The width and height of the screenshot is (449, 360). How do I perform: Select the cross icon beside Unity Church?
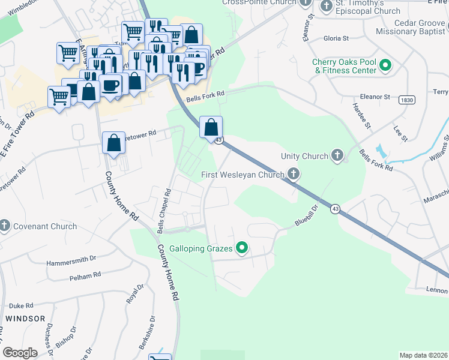pyautogui.click(x=338, y=156)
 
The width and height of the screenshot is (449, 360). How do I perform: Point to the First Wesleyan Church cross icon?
pyautogui.click(x=294, y=175)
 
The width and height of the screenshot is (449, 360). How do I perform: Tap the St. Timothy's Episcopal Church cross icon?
pyautogui.click(x=327, y=6)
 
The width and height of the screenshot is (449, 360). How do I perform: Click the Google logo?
pyautogui.click(x=20, y=353)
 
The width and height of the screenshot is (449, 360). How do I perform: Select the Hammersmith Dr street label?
pyautogui.click(x=71, y=259)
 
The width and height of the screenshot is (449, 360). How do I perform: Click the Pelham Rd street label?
pyautogui.click(x=85, y=276)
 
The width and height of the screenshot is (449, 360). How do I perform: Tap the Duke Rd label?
pyautogui.click(x=21, y=305)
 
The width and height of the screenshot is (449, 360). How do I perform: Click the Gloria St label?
pyautogui.click(x=336, y=38)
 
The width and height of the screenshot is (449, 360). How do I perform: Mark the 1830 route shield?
pyautogui.click(x=407, y=100)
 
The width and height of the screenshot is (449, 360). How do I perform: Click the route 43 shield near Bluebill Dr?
pyautogui.click(x=334, y=209)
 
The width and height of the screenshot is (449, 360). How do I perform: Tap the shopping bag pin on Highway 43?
pyautogui.click(x=211, y=127)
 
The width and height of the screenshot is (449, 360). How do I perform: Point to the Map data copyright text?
pyautogui.click(x=423, y=355)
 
